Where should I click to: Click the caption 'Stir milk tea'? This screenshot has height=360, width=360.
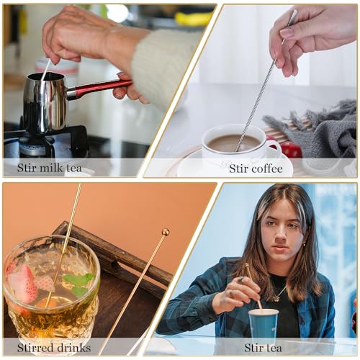(x=49, y=168)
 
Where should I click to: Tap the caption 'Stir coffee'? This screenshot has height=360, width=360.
(x=256, y=168)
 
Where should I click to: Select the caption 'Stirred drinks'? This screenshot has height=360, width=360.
(x=48, y=348)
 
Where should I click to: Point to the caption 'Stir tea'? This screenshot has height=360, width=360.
(x=263, y=348)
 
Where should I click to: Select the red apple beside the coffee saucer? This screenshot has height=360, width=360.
(x=291, y=149)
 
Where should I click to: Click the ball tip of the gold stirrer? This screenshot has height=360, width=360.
(x=166, y=232)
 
